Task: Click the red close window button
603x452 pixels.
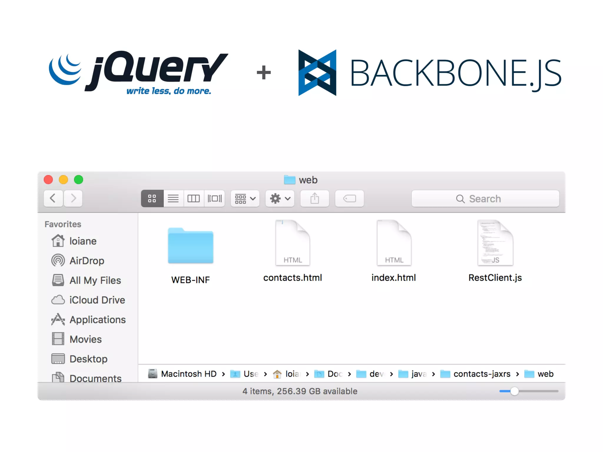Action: [48, 180]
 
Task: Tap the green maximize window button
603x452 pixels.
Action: [79, 180]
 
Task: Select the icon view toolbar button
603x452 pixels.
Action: [152, 199]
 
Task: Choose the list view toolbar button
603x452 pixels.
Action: [173, 199]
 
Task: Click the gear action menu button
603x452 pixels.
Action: [280, 199]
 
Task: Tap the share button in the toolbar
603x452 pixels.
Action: [314, 199]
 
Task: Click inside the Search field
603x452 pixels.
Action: [485, 199]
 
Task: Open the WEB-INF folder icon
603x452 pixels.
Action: [190, 246]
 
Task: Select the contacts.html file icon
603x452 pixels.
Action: [292, 243]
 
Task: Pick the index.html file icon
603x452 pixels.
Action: [394, 243]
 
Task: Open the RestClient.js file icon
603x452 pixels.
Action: [495, 243]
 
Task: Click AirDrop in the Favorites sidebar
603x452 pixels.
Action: [87, 261]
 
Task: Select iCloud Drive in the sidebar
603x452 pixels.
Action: [97, 300]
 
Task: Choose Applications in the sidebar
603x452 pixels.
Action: [97, 320]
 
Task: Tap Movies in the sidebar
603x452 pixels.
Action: [85, 339]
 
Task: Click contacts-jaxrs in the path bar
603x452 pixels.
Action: [482, 374]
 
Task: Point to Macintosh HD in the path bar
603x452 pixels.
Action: [188, 374]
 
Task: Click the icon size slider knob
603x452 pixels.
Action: [514, 391]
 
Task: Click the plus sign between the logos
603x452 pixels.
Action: [264, 73]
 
